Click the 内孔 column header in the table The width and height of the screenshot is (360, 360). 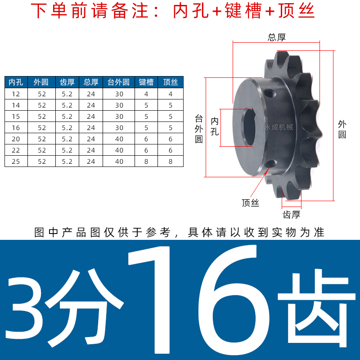tap(16, 82)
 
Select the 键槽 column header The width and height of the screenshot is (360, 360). tap(146, 82)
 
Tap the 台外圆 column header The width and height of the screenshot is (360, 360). tap(119, 82)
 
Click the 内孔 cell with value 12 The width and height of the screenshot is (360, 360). tap(16, 94)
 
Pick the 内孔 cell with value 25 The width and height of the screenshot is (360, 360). tap(16, 162)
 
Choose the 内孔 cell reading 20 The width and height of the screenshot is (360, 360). tap(16, 139)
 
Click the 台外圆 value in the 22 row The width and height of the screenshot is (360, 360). tap(119, 150)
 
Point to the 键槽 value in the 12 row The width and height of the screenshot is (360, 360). tap(146, 94)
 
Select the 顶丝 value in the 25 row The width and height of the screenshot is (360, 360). tap(171, 162)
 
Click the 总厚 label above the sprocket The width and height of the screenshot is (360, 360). tap(277, 38)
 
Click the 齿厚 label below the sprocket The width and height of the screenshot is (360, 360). tap(291, 214)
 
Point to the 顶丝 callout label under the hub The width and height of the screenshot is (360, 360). tap(250, 203)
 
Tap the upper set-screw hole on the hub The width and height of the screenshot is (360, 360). tap(270, 94)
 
